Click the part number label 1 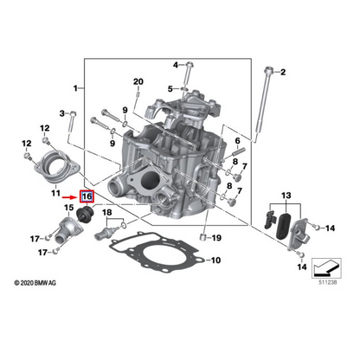coord(75,88)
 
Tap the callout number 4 coord(176,64)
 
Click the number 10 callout coord(215,259)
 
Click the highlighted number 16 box coord(86,196)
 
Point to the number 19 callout coord(216,237)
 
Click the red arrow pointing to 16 coord(69,196)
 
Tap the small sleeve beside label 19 coord(202,235)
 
